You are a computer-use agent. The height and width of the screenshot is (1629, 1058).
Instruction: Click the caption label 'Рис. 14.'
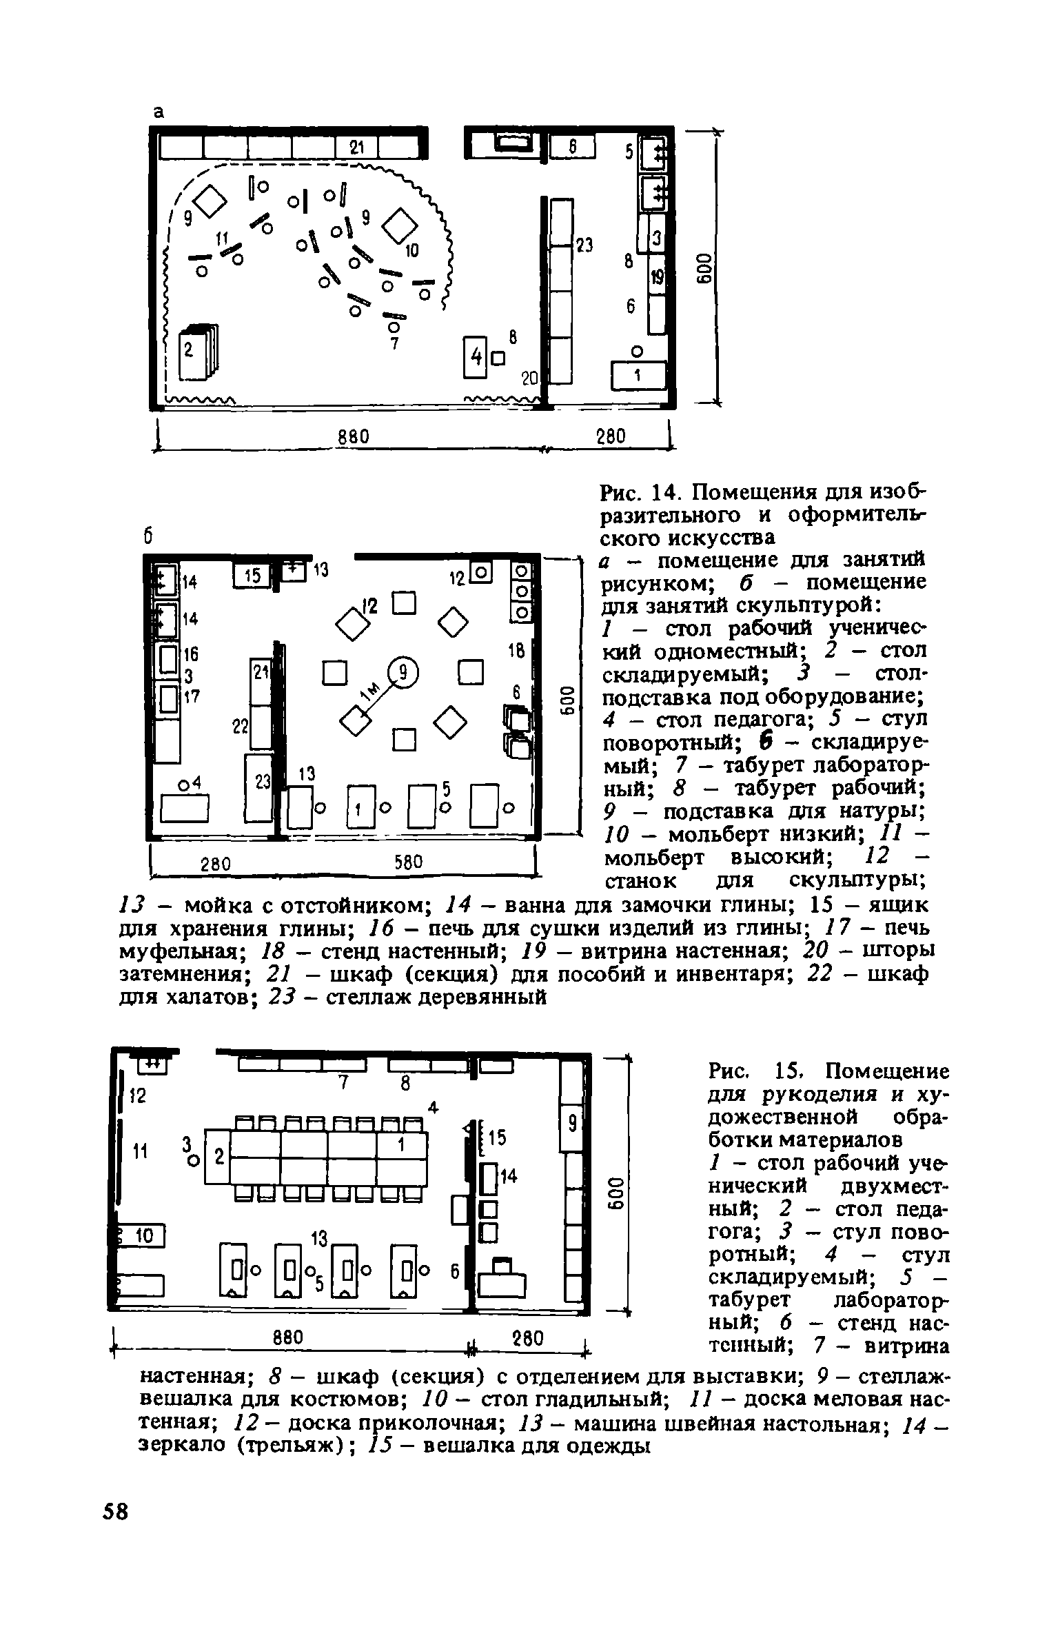(640, 493)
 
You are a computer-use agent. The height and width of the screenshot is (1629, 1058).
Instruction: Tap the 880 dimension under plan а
(354, 436)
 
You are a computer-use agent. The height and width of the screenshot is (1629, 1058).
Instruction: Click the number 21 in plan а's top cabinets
(356, 147)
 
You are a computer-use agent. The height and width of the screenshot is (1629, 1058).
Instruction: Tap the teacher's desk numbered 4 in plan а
(475, 356)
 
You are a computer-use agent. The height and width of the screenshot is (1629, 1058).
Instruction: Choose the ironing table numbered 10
(143, 1237)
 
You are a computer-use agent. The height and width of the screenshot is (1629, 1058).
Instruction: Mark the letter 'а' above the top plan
(158, 112)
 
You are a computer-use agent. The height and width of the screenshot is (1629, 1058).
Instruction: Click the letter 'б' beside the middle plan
(147, 536)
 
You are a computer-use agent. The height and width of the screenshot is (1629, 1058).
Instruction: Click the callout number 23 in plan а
(584, 245)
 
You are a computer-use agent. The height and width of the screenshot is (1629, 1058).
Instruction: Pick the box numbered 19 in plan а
(657, 277)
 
